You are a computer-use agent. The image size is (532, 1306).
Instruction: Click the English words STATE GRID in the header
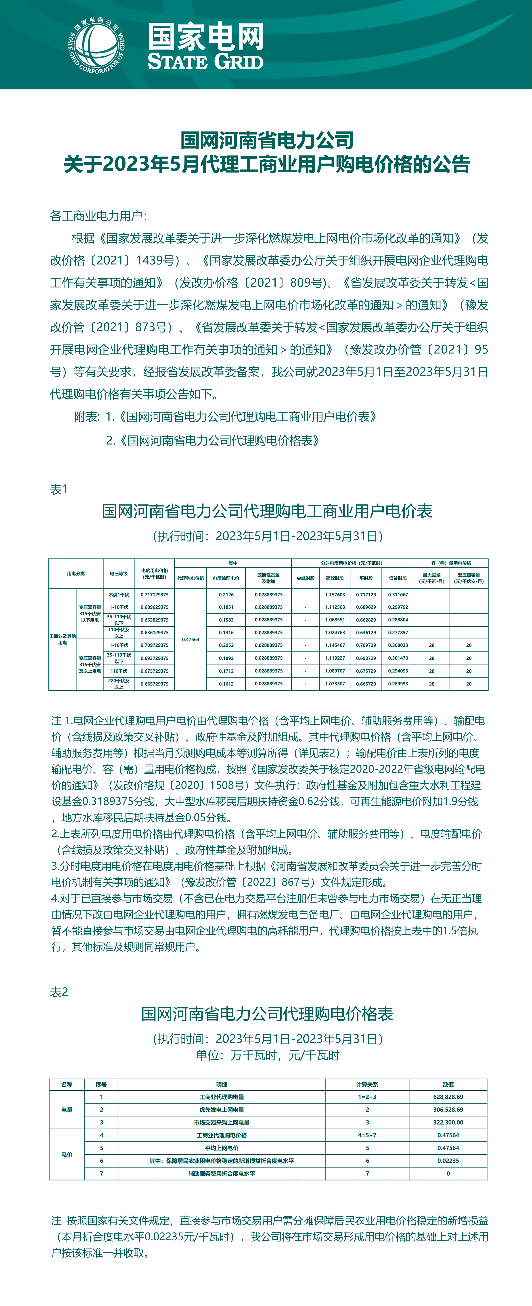(205, 62)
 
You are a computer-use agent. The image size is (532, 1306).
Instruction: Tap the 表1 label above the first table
(59, 489)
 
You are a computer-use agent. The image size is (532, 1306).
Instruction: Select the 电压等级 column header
(119, 573)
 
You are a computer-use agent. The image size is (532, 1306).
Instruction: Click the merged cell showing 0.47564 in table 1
(191, 639)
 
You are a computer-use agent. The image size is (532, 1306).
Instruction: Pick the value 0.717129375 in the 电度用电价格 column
(155, 595)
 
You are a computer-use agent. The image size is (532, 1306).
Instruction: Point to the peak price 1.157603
(335, 595)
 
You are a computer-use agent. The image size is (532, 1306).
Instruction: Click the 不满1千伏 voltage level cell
(119, 595)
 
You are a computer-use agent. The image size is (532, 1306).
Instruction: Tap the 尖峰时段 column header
(306, 578)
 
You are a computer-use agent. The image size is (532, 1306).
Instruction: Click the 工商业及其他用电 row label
(62, 639)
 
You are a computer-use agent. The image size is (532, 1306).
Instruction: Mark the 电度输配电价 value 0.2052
(226, 645)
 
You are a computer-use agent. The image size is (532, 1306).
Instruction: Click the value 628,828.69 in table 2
(448, 1097)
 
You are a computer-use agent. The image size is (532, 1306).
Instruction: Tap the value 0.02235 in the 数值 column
(448, 1161)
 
